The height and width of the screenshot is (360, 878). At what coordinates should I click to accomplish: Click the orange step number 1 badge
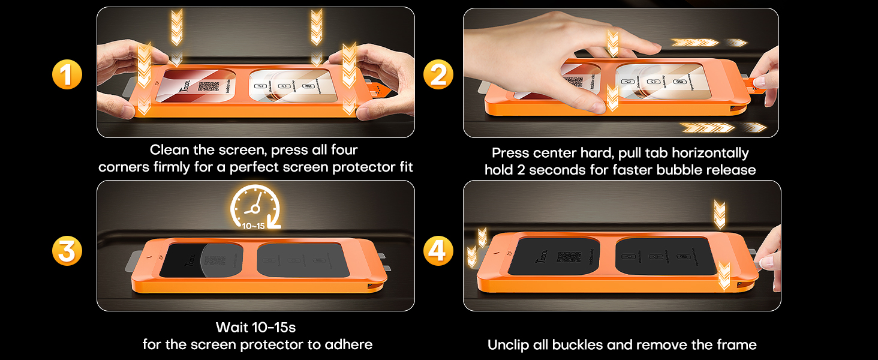[x=66, y=76]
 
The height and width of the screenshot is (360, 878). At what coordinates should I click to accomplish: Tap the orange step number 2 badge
[x=438, y=76]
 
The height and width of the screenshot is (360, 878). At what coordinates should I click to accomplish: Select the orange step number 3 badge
[x=66, y=251]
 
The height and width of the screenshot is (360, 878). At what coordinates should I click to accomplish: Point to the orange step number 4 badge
[x=438, y=251]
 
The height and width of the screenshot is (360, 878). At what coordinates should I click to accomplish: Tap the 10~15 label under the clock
[x=254, y=226]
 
